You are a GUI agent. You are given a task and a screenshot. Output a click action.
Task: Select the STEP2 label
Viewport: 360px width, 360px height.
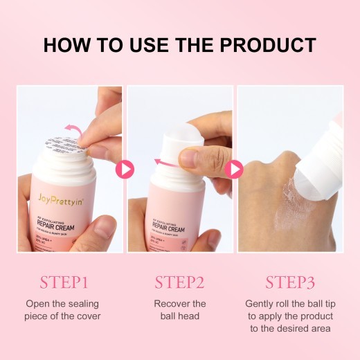(x=179, y=282)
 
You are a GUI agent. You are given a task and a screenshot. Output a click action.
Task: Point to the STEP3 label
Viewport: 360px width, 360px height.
(x=291, y=282)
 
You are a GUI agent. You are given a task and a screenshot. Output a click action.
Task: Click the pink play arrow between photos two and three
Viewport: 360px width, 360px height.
(x=235, y=169)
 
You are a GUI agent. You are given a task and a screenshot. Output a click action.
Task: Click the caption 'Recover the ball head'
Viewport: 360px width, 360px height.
(x=179, y=310)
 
